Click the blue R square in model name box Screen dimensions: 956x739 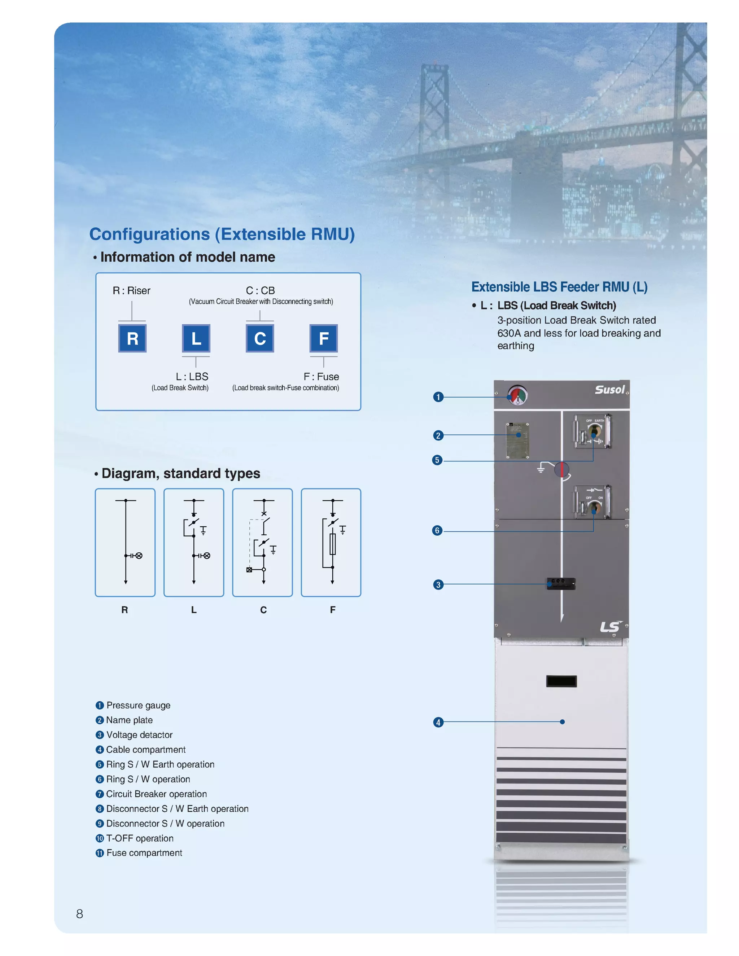(132, 338)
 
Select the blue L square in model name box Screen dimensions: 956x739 (196, 338)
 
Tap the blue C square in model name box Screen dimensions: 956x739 (260, 338)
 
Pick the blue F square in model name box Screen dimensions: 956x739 (324, 338)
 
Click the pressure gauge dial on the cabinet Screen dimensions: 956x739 (517, 395)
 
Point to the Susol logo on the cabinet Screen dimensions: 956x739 (609, 390)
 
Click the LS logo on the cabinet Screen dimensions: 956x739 (611, 627)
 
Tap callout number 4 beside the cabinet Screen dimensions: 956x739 (438, 722)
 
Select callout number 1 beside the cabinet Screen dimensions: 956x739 (438, 397)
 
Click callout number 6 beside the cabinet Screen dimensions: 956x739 (437, 531)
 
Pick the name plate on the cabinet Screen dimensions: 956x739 (517, 440)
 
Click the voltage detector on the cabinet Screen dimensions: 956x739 (561, 583)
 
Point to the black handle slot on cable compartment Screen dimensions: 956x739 (561, 681)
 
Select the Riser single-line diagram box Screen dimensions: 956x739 (125, 542)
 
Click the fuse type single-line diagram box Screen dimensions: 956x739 (331, 542)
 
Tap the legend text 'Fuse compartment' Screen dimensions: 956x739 (144, 853)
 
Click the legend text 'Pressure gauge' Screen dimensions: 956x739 (138, 705)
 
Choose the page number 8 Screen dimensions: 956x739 (80, 913)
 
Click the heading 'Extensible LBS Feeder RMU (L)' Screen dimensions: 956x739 (559, 287)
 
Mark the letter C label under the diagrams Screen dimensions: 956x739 (263, 610)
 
